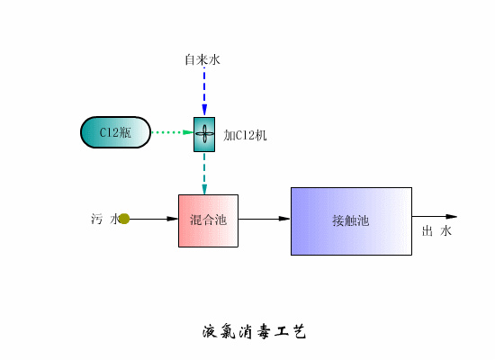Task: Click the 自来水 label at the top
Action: point(202,60)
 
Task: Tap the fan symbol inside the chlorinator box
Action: point(204,134)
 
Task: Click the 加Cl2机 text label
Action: point(245,136)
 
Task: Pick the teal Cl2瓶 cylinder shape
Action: point(115,132)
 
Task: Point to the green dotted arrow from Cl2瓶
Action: point(172,132)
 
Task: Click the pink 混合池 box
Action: point(208,220)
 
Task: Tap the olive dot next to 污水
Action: point(124,219)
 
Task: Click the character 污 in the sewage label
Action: point(97,219)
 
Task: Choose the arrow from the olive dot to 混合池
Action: point(154,219)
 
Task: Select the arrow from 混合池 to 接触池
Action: point(264,219)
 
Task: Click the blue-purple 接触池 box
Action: point(351,220)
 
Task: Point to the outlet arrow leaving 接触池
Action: point(434,217)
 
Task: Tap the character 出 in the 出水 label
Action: point(428,232)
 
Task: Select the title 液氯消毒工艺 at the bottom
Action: point(255,331)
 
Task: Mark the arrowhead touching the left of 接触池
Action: point(284,219)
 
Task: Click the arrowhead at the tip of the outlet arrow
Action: point(452,217)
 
